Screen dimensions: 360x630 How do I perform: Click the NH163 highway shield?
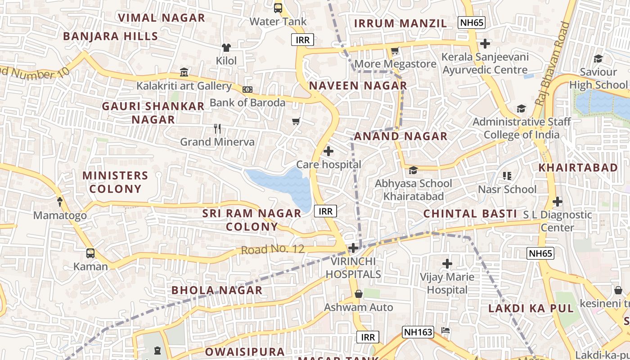(x=418, y=333)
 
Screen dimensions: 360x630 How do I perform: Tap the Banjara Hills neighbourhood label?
(x=111, y=36)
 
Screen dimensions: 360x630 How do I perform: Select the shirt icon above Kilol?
(x=226, y=47)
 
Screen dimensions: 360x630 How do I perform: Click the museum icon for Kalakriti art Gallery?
(x=184, y=72)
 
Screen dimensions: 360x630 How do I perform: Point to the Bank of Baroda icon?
(x=247, y=90)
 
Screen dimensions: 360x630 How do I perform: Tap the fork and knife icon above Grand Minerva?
(x=217, y=129)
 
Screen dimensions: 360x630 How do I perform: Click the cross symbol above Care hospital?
(x=328, y=151)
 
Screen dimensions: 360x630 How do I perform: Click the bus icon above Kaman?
(x=90, y=253)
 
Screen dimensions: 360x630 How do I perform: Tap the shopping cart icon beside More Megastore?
(x=395, y=51)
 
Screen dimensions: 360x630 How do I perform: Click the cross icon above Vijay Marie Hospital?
(x=447, y=264)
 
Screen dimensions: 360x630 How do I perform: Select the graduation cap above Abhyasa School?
(x=413, y=170)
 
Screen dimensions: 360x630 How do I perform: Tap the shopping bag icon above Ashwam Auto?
(x=359, y=294)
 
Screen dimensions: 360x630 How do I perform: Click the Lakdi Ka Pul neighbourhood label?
(x=531, y=309)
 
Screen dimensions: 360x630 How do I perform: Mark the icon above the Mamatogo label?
(x=60, y=202)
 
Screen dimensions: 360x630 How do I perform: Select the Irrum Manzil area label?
(x=400, y=23)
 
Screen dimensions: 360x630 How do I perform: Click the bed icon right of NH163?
(x=445, y=331)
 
